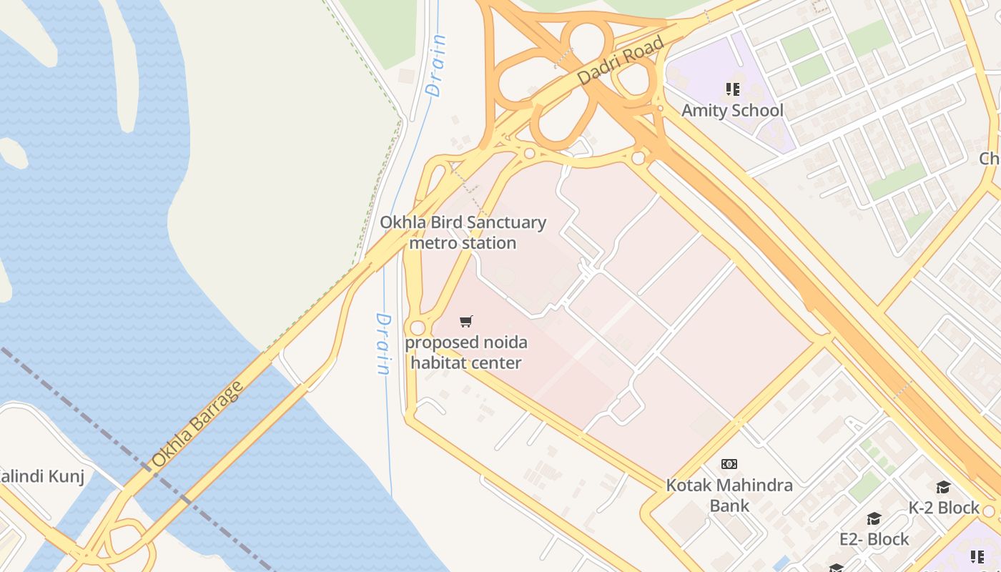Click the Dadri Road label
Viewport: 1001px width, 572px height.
[x=620, y=61]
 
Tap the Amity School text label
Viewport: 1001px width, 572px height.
[x=731, y=111]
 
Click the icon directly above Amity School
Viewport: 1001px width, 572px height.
[x=732, y=89]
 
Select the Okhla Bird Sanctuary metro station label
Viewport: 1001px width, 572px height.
[x=463, y=232]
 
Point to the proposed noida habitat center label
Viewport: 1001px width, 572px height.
[x=465, y=352]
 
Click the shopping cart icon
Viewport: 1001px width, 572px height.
[x=466, y=322]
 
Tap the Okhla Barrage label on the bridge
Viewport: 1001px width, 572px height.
[x=197, y=425]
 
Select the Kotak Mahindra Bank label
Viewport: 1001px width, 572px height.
[x=729, y=495]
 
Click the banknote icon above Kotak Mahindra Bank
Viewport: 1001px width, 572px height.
[x=729, y=464]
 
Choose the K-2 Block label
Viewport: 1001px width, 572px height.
[x=944, y=508]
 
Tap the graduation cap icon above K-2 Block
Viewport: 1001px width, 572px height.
[x=943, y=488]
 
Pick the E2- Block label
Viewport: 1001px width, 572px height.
[x=874, y=539]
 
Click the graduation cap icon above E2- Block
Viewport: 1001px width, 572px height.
[x=874, y=518]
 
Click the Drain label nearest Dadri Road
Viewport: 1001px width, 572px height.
[x=435, y=66]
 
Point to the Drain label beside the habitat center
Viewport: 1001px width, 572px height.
[x=384, y=344]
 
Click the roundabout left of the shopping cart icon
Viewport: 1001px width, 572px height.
[x=418, y=327]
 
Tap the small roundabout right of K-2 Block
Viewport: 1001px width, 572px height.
[x=989, y=511]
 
